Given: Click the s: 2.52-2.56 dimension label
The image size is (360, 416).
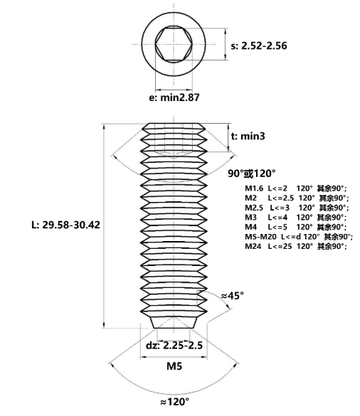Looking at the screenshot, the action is pyautogui.click(x=259, y=46).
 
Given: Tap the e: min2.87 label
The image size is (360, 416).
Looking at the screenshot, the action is pyautogui.click(x=174, y=97).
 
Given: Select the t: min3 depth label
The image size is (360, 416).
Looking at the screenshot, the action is pyautogui.click(x=248, y=136).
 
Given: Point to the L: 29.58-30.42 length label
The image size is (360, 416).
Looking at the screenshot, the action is pyautogui.click(x=65, y=225).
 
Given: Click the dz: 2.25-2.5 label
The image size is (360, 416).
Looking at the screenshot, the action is pyautogui.click(x=174, y=346).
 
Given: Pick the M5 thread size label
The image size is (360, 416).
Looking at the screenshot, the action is pyautogui.click(x=174, y=366).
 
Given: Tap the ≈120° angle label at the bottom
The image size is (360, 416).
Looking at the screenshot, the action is pyautogui.click(x=175, y=402).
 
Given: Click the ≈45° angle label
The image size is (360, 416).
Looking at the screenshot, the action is pyautogui.click(x=233, y=295).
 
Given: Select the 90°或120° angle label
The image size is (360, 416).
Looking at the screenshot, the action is pyautogui.click(x=252, y=174).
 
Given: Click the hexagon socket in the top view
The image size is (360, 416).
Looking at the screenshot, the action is pyautogui.click(x=174, y=45).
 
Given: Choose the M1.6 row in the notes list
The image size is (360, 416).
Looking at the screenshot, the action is pyautogui.click(x=296, y=188).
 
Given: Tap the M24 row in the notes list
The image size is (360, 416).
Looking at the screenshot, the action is pyautogui.click(x=296, y=246).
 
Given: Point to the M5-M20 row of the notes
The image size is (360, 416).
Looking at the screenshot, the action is pyautogui.click(x=299, y=236).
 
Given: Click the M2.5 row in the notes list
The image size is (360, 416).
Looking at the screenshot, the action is pyautogui.click(x=297, y=208).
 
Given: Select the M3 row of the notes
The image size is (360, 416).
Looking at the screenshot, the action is pyautogui.click(x=296, y=218).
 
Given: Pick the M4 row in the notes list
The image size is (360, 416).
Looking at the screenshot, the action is pyautogui.click(x=296, y=227).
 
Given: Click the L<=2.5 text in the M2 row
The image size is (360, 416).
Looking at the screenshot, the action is pyautogui.click(x=280, y=198).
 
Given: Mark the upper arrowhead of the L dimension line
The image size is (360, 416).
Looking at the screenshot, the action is pyautogui.click(x=104, y=127).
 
